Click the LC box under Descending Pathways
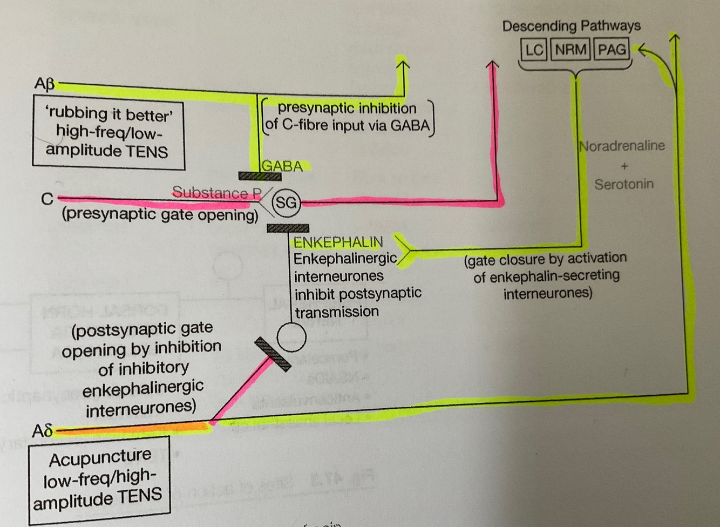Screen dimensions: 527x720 click(x=534, y=50)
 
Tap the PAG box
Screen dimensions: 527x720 click(x=612, y=50)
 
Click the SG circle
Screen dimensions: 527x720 click(x=286, y=202)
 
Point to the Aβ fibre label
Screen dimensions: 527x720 click(x=44, y=84)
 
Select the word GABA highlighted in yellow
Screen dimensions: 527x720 click(x=282, y=166)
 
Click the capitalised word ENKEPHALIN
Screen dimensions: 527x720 click(x=338, y=242)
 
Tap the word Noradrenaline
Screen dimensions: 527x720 click(x=622, y=146)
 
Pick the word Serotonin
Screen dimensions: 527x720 click(x=624, y=184)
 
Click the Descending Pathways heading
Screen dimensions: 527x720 click(x=571, y=26)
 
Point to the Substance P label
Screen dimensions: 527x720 click(x=216, y=192)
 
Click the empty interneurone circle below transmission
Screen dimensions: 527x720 click(x=291, y=337)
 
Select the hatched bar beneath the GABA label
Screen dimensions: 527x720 click(x=260, y=176)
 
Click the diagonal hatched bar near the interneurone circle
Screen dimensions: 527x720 click(x=273, y=354)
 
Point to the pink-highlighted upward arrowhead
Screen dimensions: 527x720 click(x=492, y=66)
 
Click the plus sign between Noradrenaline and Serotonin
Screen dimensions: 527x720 click(x=624, y=166)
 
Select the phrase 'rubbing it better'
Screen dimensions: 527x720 click(x=108, y=114)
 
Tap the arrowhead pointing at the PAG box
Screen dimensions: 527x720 click(x=644, y=50)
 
